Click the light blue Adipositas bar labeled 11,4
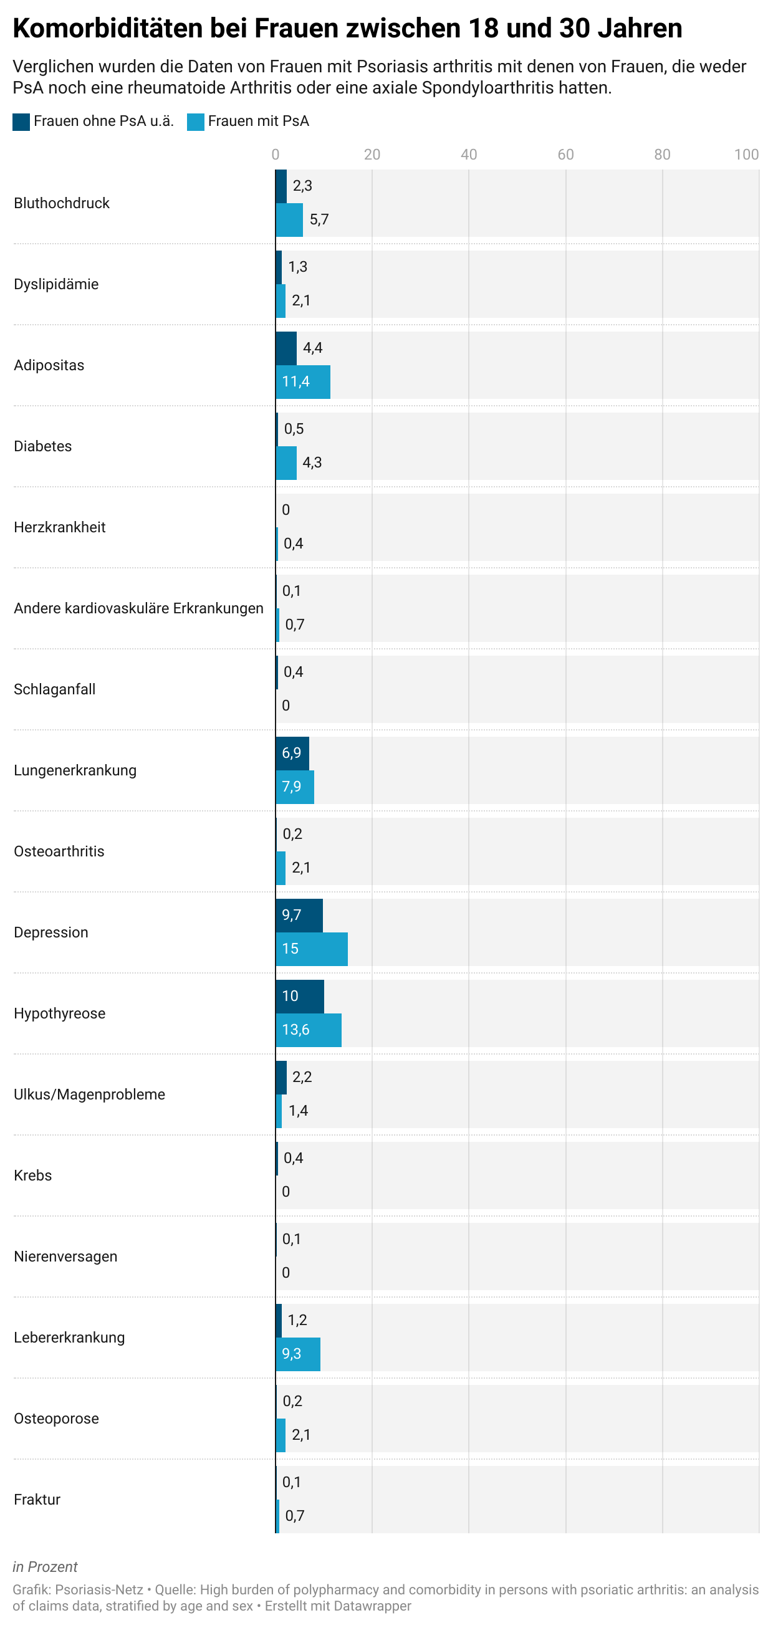pyautogui.click(x=303, y=381)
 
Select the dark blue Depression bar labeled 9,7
pyautogui.click(x=299, y=915)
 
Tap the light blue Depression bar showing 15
pyautogui.click(x=312, y=949)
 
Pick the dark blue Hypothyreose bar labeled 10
pyautogui.click(x=300, y=996)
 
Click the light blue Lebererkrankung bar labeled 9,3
pyautogui.click(x=298, y=1354)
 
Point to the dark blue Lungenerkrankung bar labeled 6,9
pyautogui.click(x=292, y=754)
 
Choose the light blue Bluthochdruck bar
pyautogui.click(x=289, y=220)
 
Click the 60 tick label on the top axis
pyautogui.click(x=565, y=155)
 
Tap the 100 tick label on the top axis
pyautogui.click(x=746, y=155)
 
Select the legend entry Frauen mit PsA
pyautogui.click(x=248, y=122)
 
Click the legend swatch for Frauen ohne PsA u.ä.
pyautogui.click(x=21, y=122)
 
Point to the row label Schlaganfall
pyautogui.click(x=54, y=689)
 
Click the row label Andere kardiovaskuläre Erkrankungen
pyautogui.click(x=138, y=608)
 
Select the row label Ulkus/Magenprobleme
pyautogui.click(x=89, y=1094)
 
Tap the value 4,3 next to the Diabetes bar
pyautogui.click(x=312, y=462)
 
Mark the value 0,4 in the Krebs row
pyautogui.click(x=293, y=1158)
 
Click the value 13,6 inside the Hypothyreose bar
pyautogui.click(x=296, y=1030)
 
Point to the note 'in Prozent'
pyautogui.click(x=45, y=1567)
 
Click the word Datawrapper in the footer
pyautogui.click(x=375, y=1606)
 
